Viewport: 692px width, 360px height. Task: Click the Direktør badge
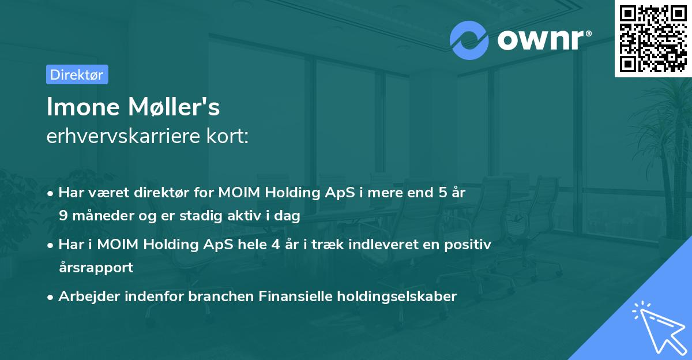point(77,74)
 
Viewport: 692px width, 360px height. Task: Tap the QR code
point(653,38)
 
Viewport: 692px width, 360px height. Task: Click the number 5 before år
point(443,193)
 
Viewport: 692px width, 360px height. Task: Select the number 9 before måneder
point(62,216)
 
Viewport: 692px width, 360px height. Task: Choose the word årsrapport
point(96,267)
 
